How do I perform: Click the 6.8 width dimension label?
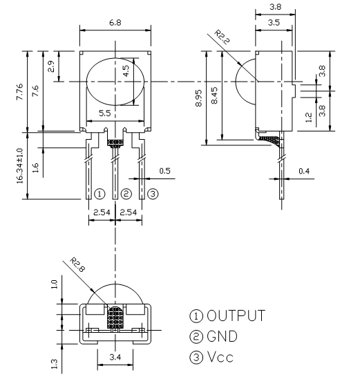(115, 23)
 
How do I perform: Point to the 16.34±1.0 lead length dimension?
(19, 166)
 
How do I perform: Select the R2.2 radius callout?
(222, 37)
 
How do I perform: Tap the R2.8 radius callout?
(77, 265)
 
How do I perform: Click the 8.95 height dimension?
(199, 98)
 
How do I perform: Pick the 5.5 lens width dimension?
(105, 113)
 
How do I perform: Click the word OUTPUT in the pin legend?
(236, 315)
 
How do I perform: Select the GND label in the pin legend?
(222, 336)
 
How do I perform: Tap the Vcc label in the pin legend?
(220, 357)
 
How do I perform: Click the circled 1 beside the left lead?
(100, 194)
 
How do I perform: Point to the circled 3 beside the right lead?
(153, 194)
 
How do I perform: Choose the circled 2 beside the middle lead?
(126, 194)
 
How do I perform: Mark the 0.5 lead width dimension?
(164, 171)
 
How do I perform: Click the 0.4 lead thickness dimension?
(304, 171)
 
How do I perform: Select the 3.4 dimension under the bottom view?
(115, 357)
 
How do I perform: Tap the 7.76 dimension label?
(19, 91)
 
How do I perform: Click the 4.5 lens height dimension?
(126, 71)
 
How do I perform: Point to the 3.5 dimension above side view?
(274, 23)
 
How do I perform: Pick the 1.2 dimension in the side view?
(308, 118)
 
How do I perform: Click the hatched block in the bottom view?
(115, 318)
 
